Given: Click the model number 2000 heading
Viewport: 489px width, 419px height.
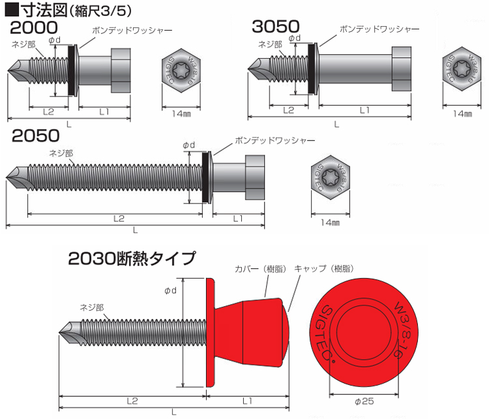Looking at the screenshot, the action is (34, 27).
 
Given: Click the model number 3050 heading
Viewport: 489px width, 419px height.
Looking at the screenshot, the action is (276, 26).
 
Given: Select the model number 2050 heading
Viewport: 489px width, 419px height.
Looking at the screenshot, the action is (36, 136).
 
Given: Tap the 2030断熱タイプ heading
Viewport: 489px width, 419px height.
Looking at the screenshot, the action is (132, 258).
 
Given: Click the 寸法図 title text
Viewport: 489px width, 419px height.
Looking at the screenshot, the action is (44, 10).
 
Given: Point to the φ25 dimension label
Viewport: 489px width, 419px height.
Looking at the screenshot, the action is (364, 401).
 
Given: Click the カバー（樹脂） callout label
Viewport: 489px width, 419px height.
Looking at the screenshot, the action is (260, 269).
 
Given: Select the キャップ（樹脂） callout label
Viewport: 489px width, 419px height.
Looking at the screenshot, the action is (324, 268).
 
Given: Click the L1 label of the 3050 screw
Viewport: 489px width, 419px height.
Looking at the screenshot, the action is (364, 110).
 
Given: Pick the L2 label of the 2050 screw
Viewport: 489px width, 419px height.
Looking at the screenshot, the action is (119, 219).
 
